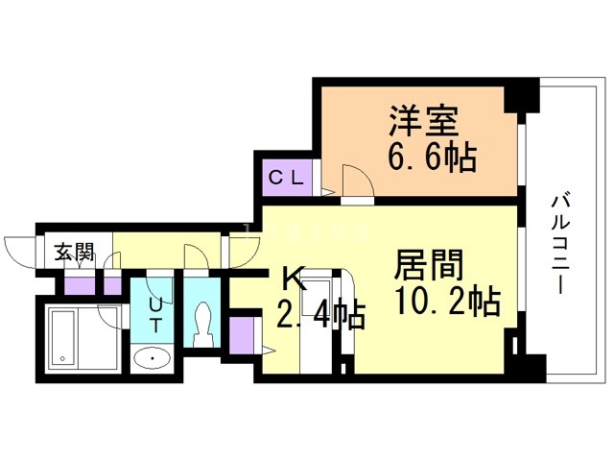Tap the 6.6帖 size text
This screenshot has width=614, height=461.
point(433,156)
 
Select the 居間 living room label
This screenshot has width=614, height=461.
point(430,264)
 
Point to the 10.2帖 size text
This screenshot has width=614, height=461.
point(446,303)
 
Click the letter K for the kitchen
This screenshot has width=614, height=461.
point(293,279)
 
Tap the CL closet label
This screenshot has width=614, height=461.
point(286,177)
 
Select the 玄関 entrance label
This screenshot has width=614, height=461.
point(74,253)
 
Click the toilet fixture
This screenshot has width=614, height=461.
point(202,323)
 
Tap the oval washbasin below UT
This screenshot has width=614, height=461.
point(152,359)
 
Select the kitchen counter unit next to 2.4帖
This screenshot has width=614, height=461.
point(316,331)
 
